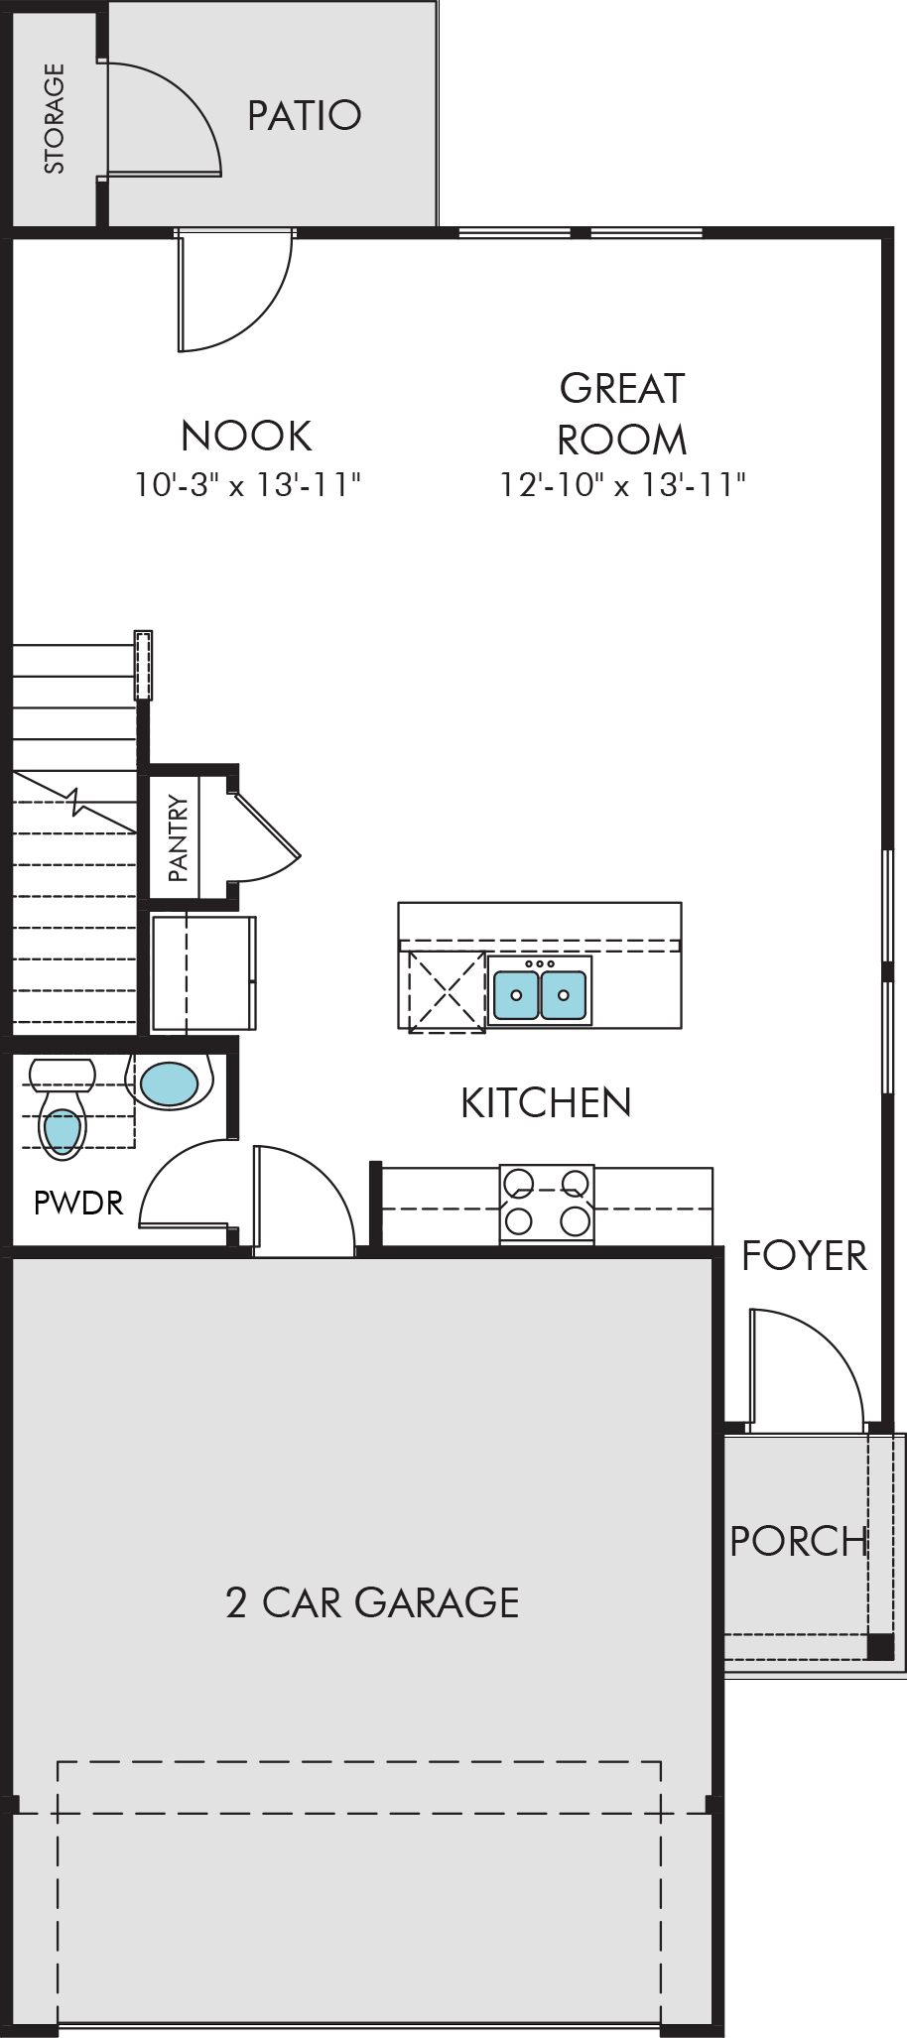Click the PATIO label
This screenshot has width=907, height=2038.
tap(304, 115)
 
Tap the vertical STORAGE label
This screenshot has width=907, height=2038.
tap(54, 119)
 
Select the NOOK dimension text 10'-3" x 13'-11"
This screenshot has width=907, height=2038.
tap(247, 484)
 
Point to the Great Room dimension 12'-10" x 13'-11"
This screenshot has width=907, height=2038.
tap(622, 484)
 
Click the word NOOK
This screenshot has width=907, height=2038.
tap(247, 436)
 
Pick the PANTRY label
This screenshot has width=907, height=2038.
tap(178, 837)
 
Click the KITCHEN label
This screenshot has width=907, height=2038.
tap(546, 1102)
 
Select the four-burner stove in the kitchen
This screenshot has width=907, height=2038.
tap(547, 1204)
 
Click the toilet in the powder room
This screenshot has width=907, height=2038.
tap(62, 1108)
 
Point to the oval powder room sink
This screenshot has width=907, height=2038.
tap(169, 1083)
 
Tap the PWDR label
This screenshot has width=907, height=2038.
tap(78, 1203)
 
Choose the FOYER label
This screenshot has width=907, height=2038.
tap(805, 1256)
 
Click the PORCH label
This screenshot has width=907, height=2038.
tap(799, 1541)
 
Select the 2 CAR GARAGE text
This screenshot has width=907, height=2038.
tap(372, 1602)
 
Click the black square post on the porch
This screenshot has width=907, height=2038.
tap(880, 1646)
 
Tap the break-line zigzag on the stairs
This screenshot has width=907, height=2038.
tap(75, 802)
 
